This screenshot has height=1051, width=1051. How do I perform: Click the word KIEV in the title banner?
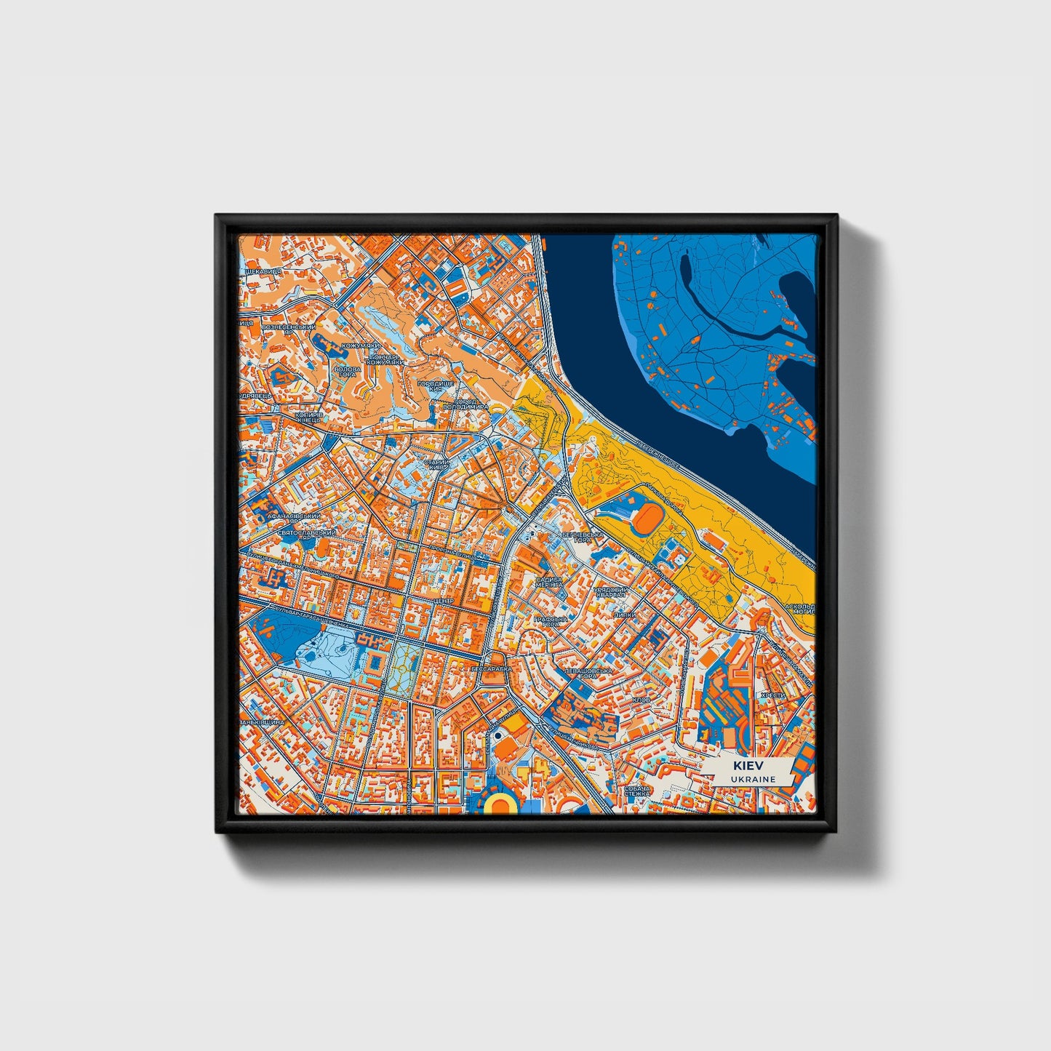(x=743, y=767)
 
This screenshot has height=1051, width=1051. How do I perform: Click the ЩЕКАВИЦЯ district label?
(x=260, y=271)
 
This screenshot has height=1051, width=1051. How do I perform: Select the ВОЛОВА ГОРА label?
(x=346, y=372)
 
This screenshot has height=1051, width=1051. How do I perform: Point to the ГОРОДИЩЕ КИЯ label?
(x=436, y=385)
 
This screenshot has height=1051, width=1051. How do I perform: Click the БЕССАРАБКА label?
(x=492, y=668)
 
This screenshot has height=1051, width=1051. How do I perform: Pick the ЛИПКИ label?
(x=625, y=615)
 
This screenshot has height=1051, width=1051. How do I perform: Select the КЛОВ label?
(x=642, y=700)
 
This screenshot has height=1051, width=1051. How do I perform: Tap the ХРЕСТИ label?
(x=772, y=695)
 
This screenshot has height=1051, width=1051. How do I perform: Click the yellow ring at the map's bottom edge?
(x=500, y=804)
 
